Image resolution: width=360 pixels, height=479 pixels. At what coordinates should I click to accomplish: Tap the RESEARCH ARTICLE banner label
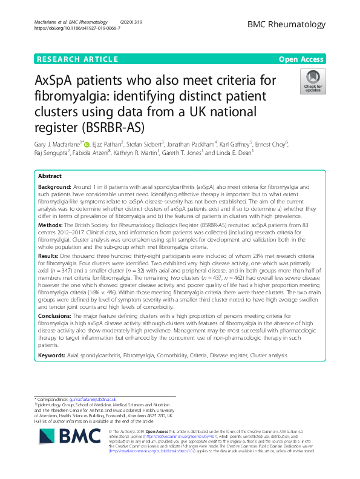pyautogui.click(x=77, y=59)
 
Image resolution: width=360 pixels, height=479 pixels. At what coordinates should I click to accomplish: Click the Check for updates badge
pyautogui.click(x=313, y=81)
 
